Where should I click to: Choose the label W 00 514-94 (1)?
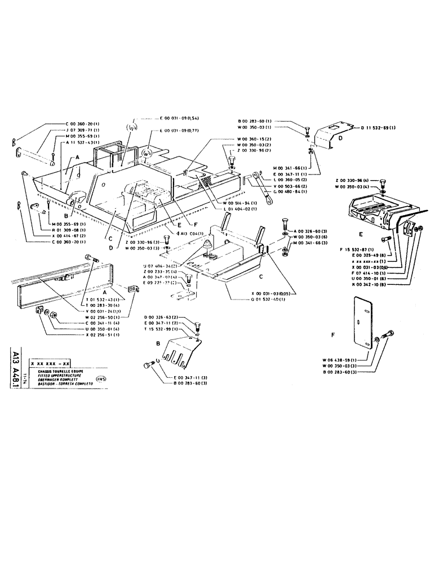point(241,203)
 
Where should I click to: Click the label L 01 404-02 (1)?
point(241,209)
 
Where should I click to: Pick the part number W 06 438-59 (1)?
point(343,360)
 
